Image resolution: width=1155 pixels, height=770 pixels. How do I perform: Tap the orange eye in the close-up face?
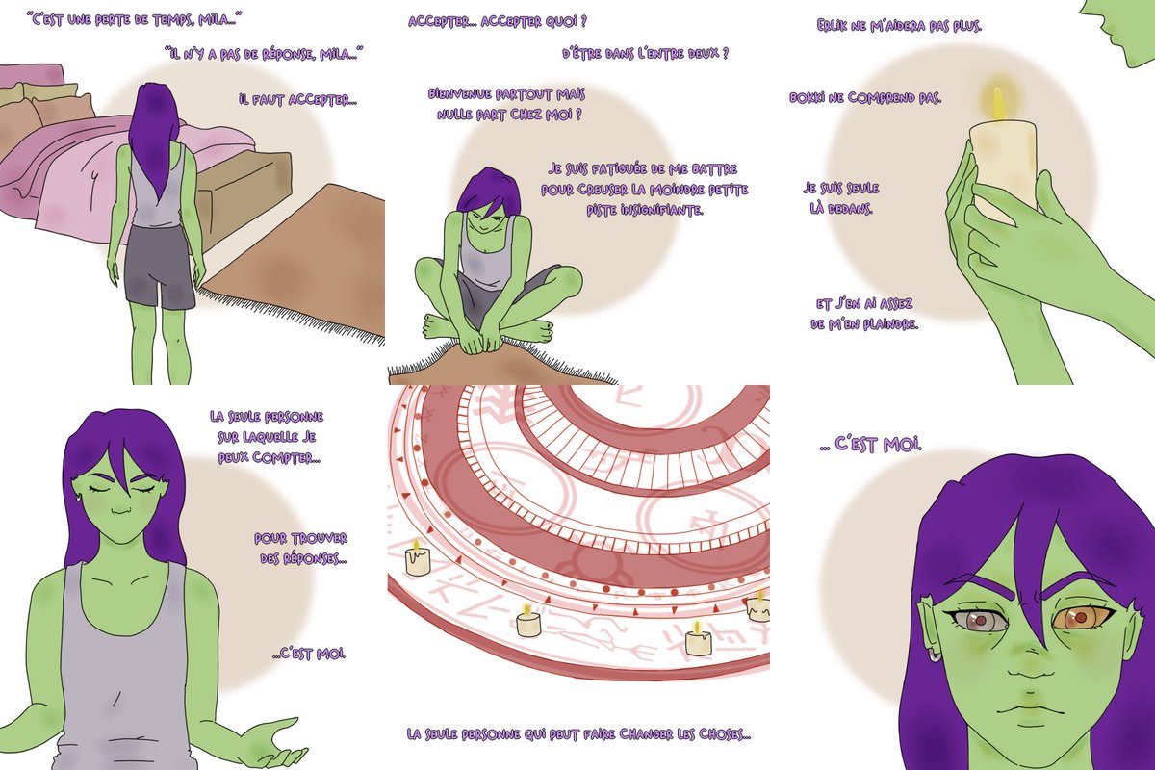1079,618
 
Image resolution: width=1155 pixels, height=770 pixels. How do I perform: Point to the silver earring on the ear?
935,657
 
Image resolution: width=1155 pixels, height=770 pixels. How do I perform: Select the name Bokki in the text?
808,97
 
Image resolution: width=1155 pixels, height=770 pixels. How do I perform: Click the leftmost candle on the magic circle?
417,560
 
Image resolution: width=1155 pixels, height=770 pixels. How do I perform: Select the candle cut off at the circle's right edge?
758,606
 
